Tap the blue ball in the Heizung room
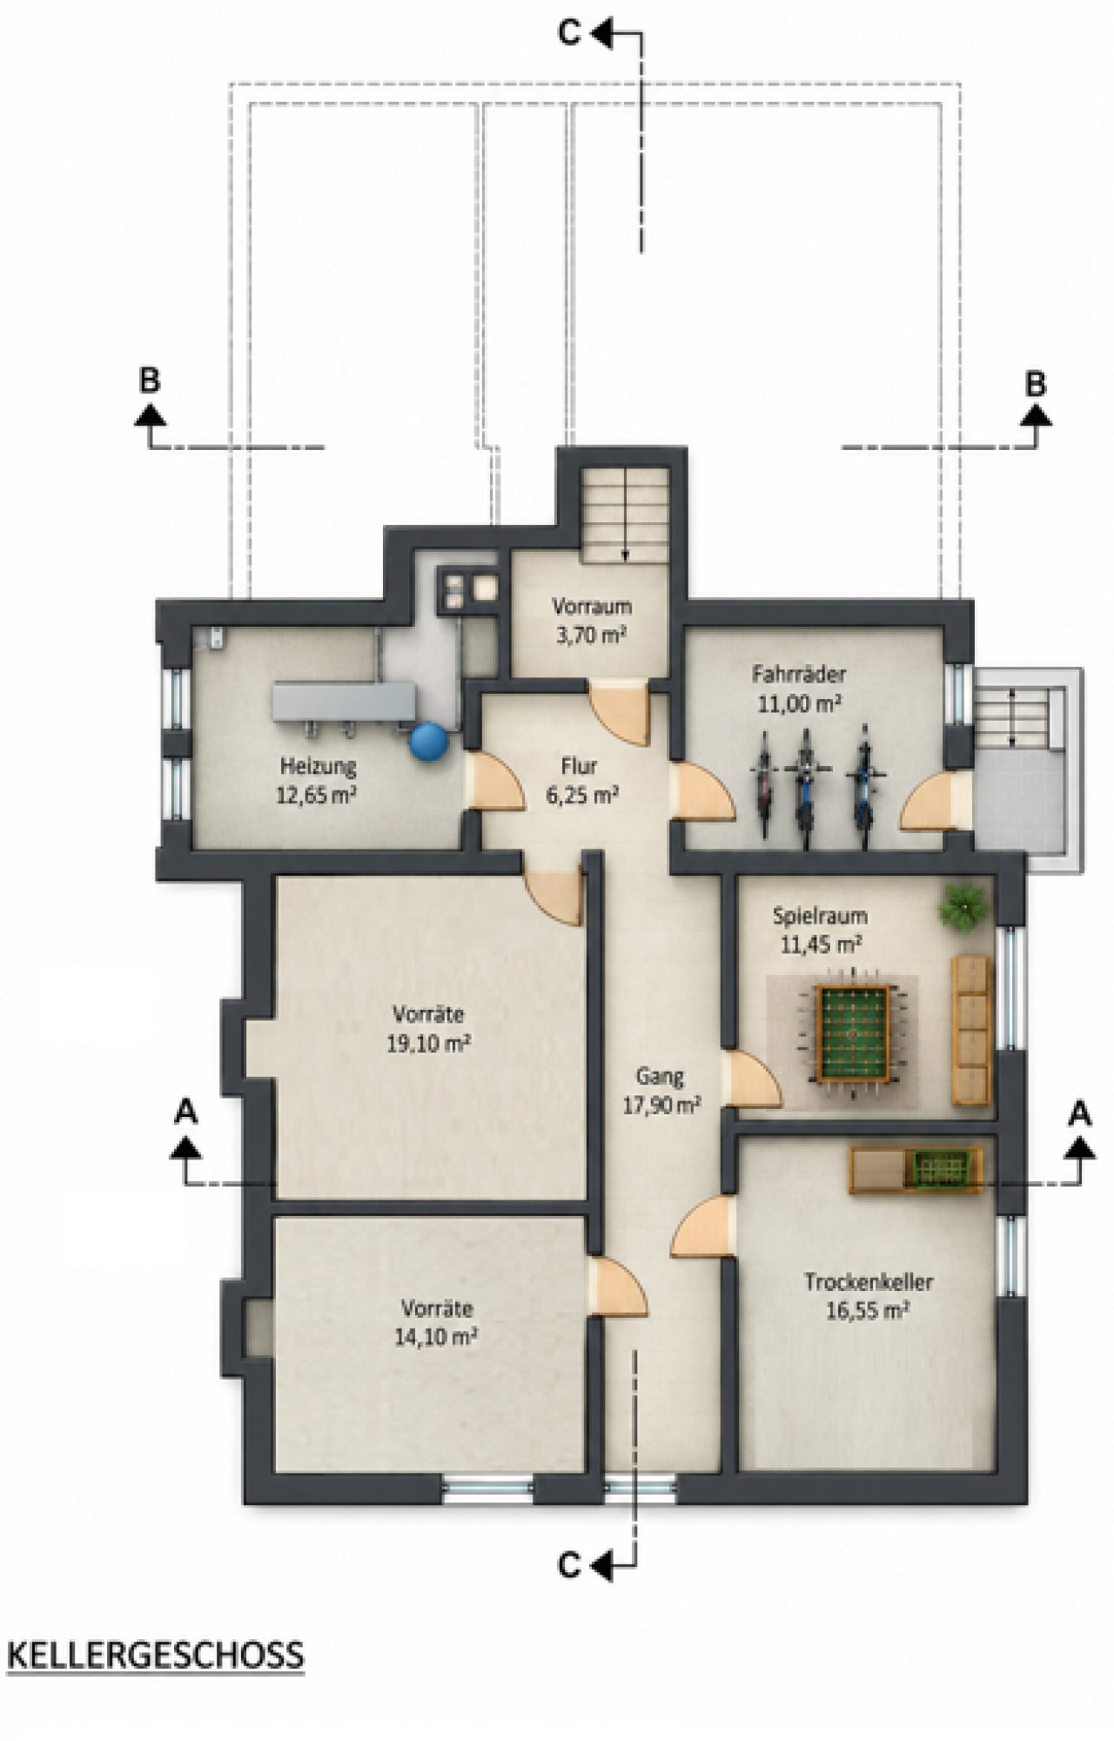coord(428,742)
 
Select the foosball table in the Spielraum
coord(853,1032)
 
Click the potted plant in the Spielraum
coord(964,906)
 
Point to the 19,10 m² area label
coord(430,1043)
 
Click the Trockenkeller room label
coord(869,1282)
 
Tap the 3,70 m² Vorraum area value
coord(592,635)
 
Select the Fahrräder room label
coord(799,673)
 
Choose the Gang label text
coord(660,1076)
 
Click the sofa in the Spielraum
coord(972,1030)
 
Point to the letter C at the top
coord(569,34)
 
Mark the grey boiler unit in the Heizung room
coord(345,701)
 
